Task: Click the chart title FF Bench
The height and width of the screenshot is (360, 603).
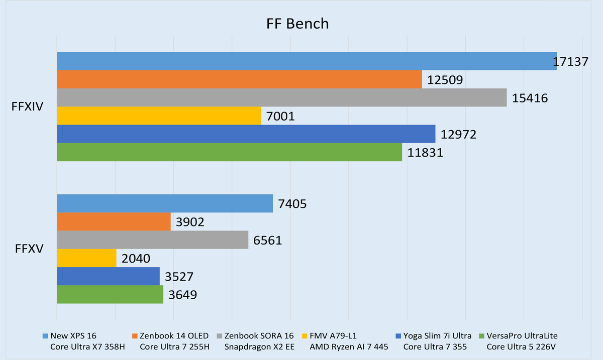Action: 297,24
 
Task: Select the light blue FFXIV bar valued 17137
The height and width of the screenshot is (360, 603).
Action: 307,61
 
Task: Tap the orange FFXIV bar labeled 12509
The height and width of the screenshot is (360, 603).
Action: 239,79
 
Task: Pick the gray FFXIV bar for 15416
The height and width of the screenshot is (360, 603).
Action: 281,97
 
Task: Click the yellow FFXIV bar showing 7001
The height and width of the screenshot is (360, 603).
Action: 159,115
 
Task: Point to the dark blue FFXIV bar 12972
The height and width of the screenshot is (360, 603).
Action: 246,134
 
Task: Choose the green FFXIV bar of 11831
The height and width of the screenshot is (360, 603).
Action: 229,152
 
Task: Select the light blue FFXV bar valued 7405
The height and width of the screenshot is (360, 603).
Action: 165,203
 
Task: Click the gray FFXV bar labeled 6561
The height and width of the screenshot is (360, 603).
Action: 152,240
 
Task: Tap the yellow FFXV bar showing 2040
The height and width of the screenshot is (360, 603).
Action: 86,258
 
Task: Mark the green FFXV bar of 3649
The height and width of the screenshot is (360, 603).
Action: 110,295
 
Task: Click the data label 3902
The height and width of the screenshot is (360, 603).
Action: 190,222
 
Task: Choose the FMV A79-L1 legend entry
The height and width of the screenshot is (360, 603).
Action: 340,340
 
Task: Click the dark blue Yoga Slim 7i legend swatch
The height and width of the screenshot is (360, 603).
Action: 398,336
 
